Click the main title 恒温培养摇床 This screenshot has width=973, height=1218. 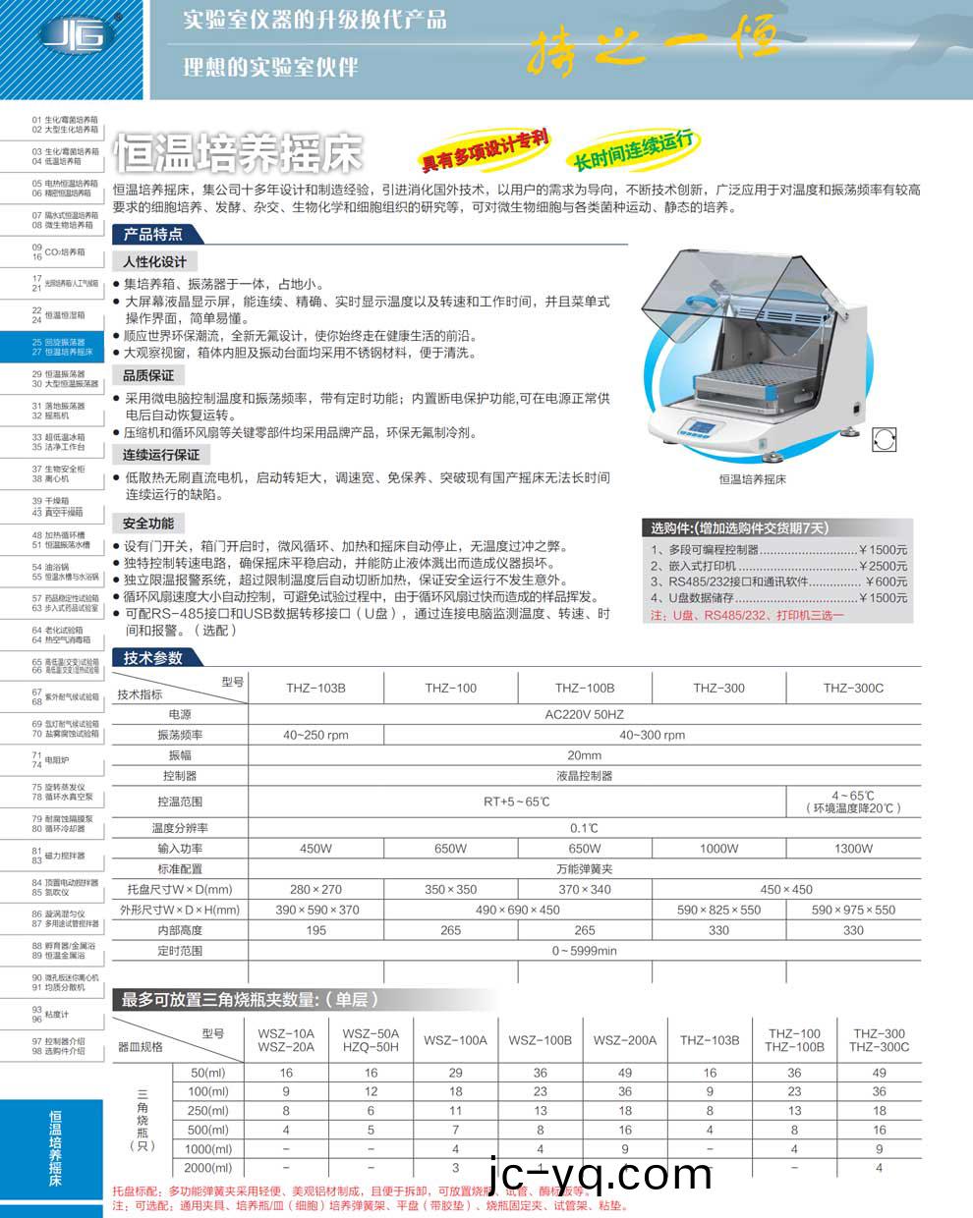point(239,153)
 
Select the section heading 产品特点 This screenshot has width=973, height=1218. point(153,235)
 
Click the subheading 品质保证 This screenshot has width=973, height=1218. point(148,375)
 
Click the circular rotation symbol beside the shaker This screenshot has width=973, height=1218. point(884,439)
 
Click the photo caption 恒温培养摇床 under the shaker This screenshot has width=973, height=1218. point(753,479)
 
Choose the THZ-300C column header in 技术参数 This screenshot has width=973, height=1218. point(853,688)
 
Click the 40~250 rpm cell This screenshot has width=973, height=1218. point(315,735)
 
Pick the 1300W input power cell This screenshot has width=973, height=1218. point(853,849)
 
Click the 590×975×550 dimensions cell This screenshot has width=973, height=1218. point(853,910)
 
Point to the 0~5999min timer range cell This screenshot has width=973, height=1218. point(584,951)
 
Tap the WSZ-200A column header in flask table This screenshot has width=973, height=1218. point(625,1040)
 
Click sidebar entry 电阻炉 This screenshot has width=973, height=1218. point(58,760)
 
